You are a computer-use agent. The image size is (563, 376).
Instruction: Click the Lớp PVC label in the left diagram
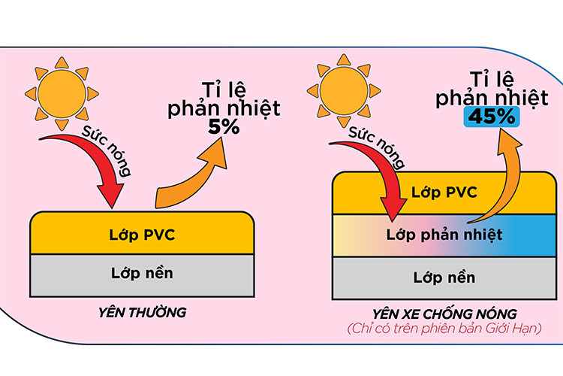tap(142, 235)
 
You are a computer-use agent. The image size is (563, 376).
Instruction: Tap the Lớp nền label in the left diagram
tap(142, 272)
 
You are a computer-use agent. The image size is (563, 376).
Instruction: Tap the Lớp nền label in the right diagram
tap(444, 277)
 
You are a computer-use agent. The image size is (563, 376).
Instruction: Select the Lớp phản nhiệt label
tap(445, 234)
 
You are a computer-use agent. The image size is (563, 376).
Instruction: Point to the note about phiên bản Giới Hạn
tap(443, 330)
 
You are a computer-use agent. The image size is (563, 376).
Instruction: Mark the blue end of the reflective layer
tap(537, 235)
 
